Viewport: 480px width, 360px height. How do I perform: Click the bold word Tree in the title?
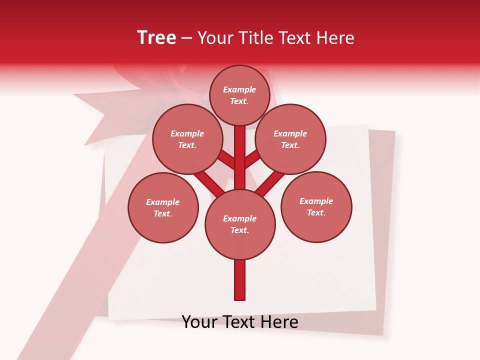[x=156, y=38]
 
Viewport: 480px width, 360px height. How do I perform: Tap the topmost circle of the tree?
[x=239, y=95]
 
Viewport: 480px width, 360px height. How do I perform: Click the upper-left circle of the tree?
[x=187, y=139]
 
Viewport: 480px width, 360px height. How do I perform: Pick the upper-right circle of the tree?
[x=290, y=139]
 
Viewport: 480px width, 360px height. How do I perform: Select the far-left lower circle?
[x=163, y=207]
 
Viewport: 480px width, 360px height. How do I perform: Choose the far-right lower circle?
[x=316, y=206]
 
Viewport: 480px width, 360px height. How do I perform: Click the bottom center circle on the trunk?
[x=240, y=224]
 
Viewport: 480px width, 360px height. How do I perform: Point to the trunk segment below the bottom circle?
[x=240, y=280]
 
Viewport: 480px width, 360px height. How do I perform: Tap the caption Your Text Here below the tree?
[x=240, y=322]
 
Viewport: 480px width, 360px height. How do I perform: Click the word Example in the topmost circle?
[x=239, y=89]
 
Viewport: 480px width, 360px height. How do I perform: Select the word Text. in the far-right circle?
[x=316, y=212]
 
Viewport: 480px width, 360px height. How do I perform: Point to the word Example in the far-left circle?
[x=163, y=202]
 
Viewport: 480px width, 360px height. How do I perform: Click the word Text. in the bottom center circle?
[x=239, y=230]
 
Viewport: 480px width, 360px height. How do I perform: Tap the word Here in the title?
[x=336, y=38]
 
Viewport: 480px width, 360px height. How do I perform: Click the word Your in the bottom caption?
[x=200, y=322]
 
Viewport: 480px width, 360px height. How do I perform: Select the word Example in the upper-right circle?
[x=290, y=133]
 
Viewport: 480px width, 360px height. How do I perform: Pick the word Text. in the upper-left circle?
[x=187, y=145]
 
